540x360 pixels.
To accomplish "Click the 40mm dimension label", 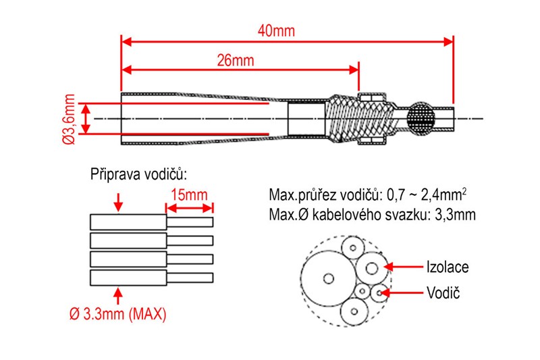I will [x=277, y=31].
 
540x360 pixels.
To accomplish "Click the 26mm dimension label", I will [x=235, y=60].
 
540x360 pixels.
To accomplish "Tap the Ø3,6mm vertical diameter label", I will [x=68, y=119].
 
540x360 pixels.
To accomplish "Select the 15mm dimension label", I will [x=190, y=195].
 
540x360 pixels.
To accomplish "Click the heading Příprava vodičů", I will [x=138, y=174].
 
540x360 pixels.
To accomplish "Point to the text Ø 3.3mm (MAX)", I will [x=118, y=314].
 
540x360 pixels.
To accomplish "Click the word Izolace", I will [x=447, y=267].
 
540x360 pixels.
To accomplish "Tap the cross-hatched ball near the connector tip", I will [x=422, y=119].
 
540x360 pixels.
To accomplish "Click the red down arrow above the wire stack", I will [x=119, y=201].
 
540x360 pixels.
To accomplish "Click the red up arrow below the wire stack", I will [x=119, y=295].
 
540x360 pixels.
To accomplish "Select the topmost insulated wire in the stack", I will [x=128, y=222].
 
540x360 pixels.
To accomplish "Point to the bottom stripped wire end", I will [x=190, y=277].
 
